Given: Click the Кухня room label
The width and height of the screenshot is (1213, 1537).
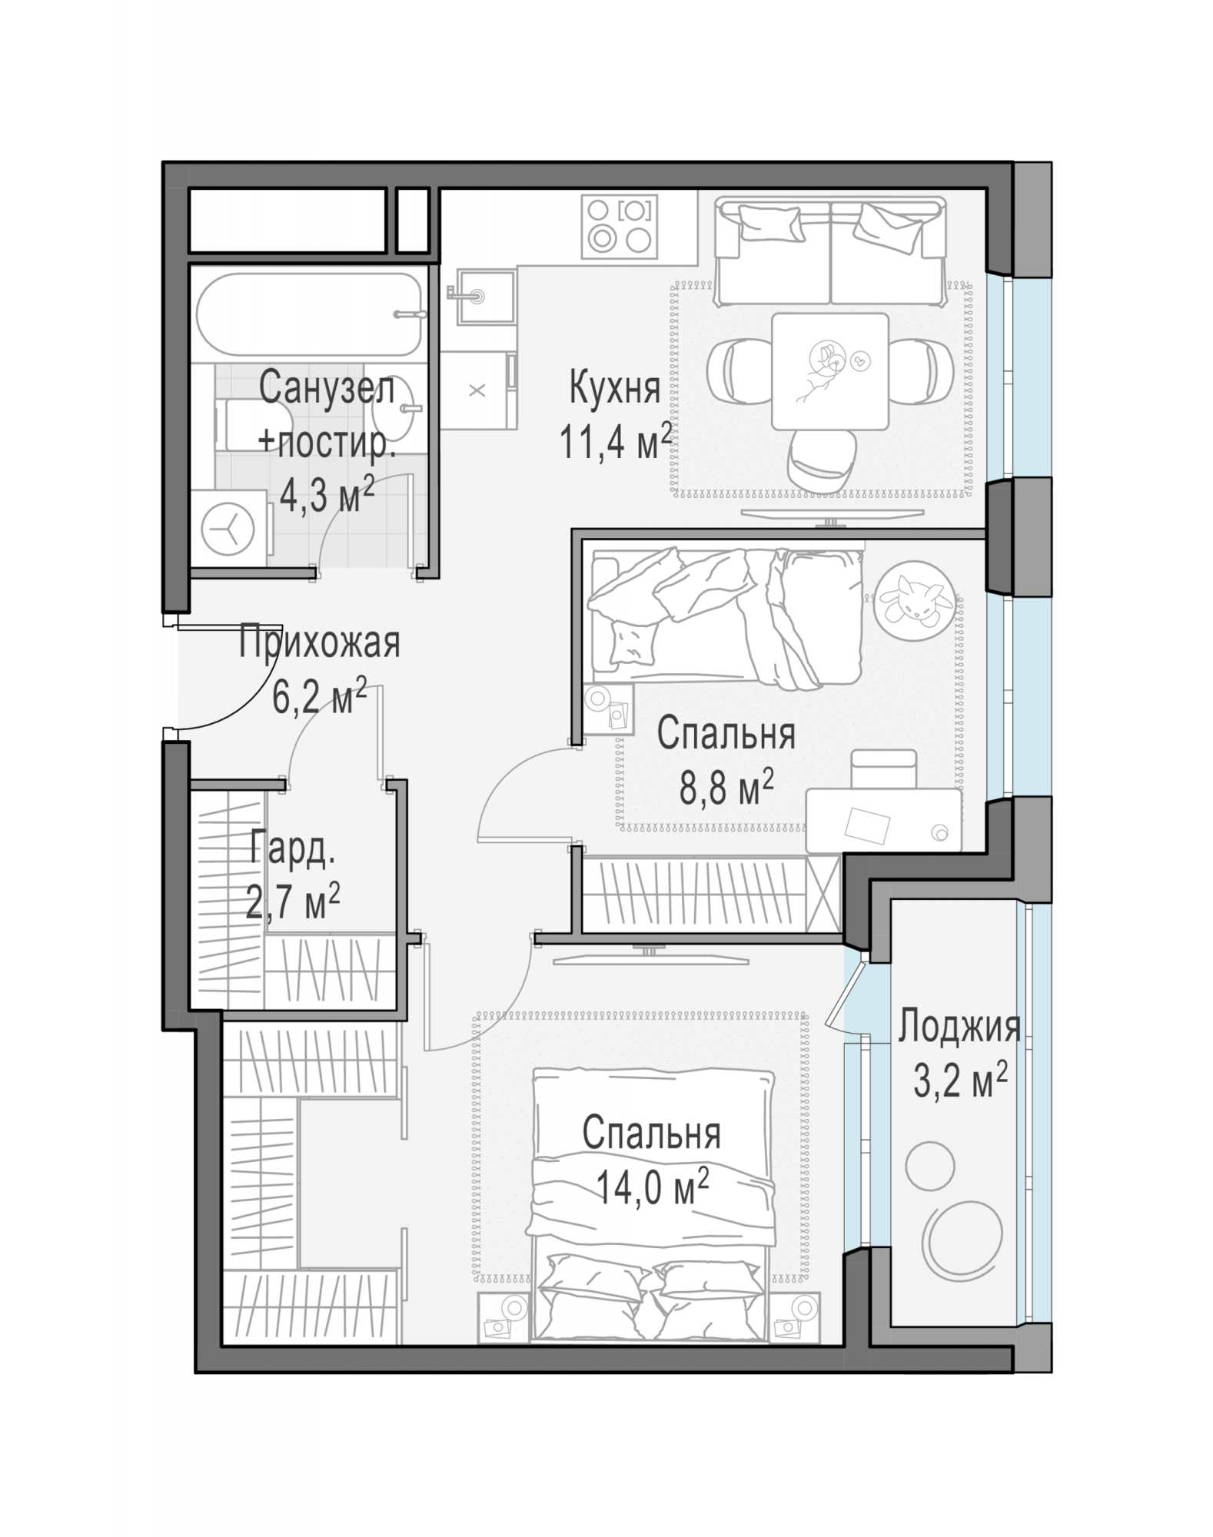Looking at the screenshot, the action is (x=614, y=388).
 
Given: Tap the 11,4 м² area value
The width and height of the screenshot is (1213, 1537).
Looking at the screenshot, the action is (x=616, y=441).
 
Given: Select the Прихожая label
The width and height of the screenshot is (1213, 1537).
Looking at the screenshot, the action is (x=319, y=643).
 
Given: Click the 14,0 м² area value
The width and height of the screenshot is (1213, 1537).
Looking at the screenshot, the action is (x=652, y=1187).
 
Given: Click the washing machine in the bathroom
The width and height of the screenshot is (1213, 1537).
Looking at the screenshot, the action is (x=230, y=529).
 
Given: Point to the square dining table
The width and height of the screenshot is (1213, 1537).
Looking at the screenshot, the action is (x=830, y=370).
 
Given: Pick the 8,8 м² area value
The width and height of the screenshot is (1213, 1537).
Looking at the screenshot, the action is (x=726, y=788).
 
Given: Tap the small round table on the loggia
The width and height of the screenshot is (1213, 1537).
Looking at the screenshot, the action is (x=929, y=1166).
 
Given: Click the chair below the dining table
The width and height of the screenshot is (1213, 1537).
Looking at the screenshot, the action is (x=820, y=460).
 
